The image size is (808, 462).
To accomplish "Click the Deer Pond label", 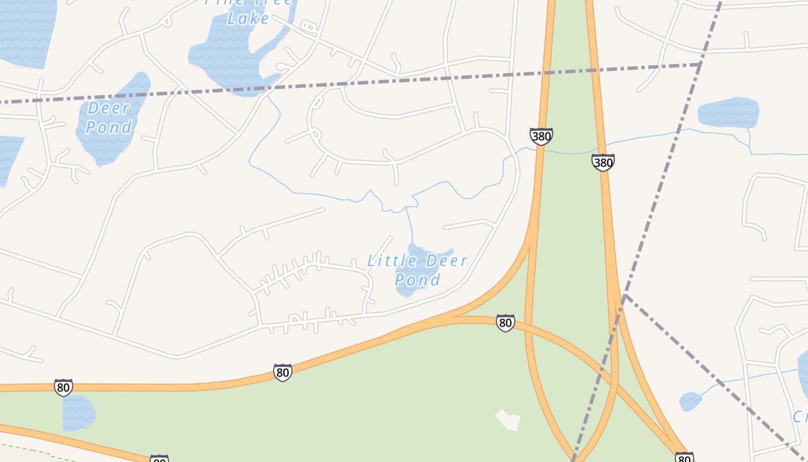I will [x=109, y=117].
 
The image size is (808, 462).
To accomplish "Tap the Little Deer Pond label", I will [x=417, y=270].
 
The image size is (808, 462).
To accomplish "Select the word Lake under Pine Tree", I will [x=248, y=18].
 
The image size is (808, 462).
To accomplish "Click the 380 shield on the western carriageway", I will [x=541, y=136].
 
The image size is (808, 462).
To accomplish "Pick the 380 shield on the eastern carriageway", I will [x=603, y=162].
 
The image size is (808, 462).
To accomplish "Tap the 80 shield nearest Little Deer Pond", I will [x=505, y=322].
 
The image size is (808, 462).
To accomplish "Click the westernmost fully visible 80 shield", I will [x=63, y=387].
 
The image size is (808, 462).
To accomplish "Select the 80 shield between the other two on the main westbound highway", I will [x=282, y=372].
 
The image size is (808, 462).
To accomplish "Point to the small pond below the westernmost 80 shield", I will [x=78, y=413].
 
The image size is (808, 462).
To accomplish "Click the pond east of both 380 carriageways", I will [x=728, y=113].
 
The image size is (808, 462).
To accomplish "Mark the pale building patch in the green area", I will [x=508, y=420].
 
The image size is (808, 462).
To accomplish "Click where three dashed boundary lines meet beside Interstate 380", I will [x=625, y=295].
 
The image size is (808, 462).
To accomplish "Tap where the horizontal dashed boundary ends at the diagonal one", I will [x=700, y=64].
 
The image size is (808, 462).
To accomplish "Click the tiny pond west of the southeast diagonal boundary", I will [x=690, y=401].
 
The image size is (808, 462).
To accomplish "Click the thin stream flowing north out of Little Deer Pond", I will [x=409, y=225].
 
